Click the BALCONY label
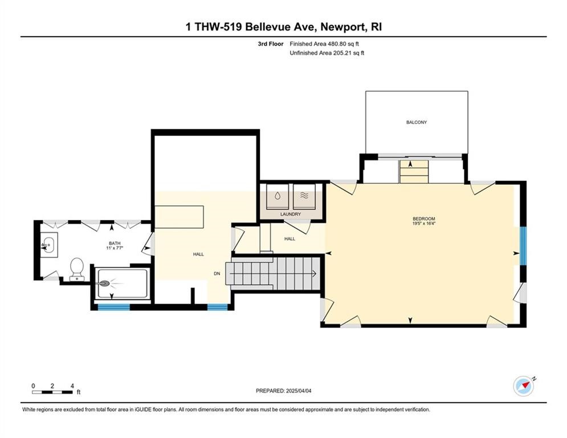click(417, 123)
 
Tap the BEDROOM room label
click(424, 218)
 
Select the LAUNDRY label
click(291, 214)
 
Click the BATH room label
click(115, 244)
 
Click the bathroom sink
click(48, 245)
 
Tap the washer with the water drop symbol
click(278, 197)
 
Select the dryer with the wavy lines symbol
click(304, 197)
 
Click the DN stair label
click(217, 274)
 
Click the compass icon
click(524, 386)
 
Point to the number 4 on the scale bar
click(72, 386)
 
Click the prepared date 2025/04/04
click(299, 391)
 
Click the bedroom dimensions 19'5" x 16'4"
click(424, 224)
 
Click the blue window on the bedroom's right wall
click(523, 246)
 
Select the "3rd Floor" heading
click(271, 44)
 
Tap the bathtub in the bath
click(123, 283)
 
